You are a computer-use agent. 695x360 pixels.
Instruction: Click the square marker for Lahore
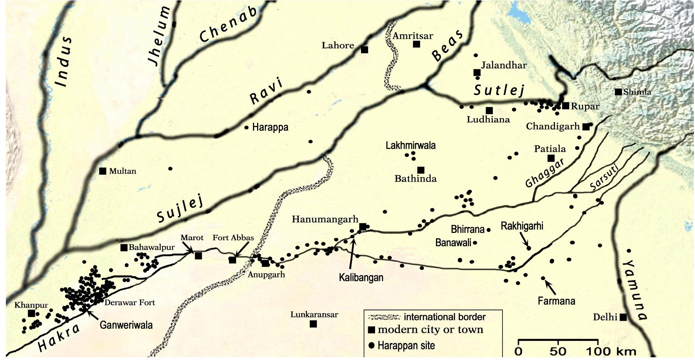pos(364,49)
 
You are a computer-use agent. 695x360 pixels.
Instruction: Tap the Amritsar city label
pos(413,36)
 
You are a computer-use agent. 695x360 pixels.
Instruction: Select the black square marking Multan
pos(102,171)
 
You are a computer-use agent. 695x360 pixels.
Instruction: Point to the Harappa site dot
pos(246,127)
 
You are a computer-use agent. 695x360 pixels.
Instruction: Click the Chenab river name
pos(228,24)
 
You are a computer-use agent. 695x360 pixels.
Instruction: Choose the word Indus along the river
pos(63,61)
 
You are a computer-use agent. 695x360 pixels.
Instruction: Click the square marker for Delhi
pos(623,317)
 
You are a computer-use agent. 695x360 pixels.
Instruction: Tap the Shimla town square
pos(618,92)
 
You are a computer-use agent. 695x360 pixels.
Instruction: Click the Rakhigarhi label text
pos(522,226)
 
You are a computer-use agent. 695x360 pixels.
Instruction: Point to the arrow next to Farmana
pos(550,287)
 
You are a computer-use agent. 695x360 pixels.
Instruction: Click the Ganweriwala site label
pos(126,325)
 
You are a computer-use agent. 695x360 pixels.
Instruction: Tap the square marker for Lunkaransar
pos(313,324)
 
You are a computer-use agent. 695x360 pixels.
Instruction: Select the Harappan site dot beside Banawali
pos(475,242)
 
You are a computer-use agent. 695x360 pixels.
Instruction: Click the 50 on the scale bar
pos(557,351)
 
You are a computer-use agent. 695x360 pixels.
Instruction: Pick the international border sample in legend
pos(384,317)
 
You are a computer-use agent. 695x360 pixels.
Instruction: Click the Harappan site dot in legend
pos(372,346)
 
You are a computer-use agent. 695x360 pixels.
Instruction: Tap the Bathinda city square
pos(421,170)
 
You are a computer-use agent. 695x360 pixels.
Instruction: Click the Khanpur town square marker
pos(32,313)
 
